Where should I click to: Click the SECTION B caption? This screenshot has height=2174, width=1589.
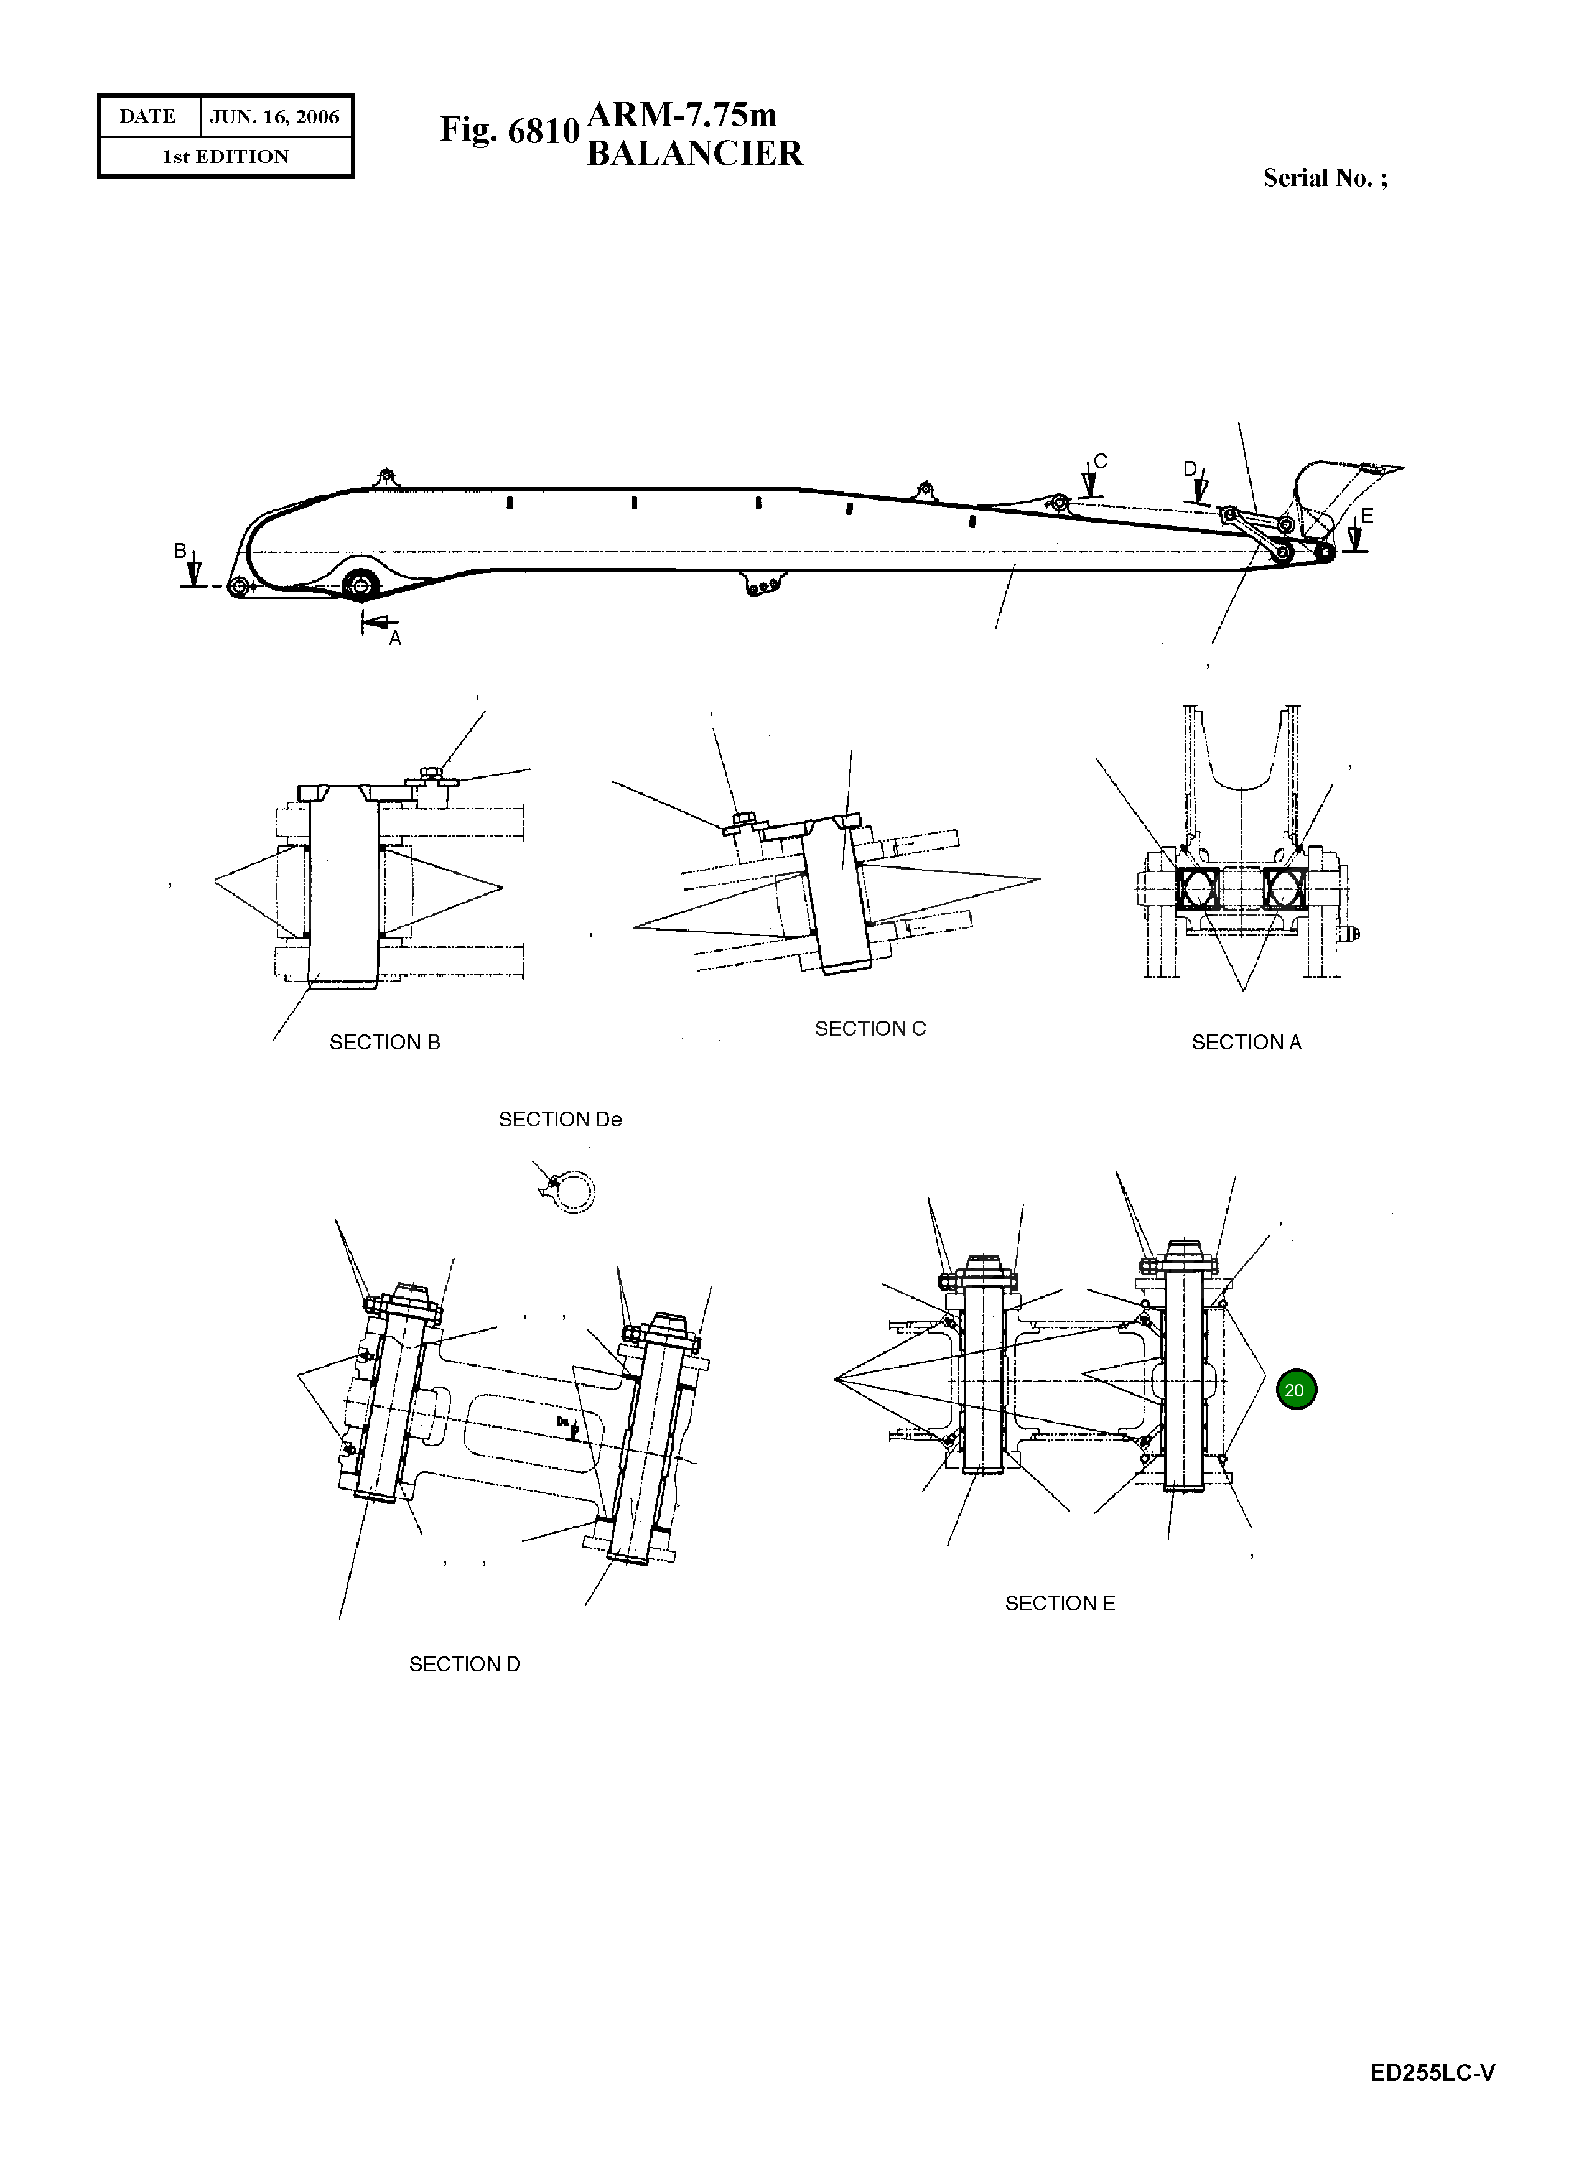(x=384, y=1043)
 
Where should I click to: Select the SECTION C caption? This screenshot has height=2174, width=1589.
(x=870, y=1029)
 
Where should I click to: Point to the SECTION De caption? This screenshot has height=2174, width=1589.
(x=560, y=1119)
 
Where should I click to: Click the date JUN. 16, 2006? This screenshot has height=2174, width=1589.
(x=274, y=118)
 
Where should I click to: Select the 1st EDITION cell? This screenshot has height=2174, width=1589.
(x=225, y=157)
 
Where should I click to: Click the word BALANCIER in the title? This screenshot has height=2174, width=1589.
(x=694, y=154)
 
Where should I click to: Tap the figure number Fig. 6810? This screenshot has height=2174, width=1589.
(x=509, y=130)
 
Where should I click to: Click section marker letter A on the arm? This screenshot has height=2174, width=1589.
(x=394, y=638)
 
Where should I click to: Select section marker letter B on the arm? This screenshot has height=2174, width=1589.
(x=179, y=551)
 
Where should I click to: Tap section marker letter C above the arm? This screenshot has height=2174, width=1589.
(x=1101, y=462)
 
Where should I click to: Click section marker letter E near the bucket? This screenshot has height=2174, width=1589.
(x=1367, y=516)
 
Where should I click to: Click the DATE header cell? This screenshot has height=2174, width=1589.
(x=148, y=118)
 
